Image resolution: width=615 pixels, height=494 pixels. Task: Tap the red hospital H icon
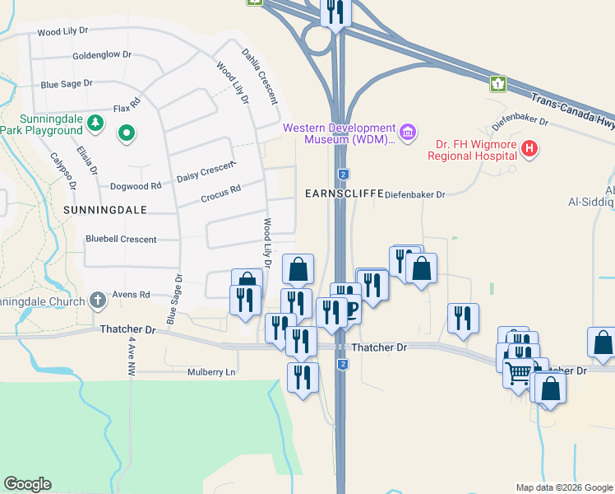point(530,150)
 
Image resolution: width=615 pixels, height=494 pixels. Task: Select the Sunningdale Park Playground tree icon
point(96,123)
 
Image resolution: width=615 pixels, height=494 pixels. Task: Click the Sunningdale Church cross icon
point(97,300)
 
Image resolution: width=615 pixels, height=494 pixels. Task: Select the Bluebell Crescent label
point(121,240)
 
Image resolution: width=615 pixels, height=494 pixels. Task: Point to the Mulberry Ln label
point(211,372)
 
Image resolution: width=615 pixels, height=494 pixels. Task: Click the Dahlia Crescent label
point(260,76)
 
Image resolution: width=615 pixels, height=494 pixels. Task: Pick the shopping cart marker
point(518,373)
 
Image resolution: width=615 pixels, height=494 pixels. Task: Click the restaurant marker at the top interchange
point(336,12)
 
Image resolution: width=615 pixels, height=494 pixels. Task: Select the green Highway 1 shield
point(497,83)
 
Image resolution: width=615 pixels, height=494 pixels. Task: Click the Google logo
point(28,484)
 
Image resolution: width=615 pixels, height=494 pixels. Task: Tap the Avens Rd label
point(132,294)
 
